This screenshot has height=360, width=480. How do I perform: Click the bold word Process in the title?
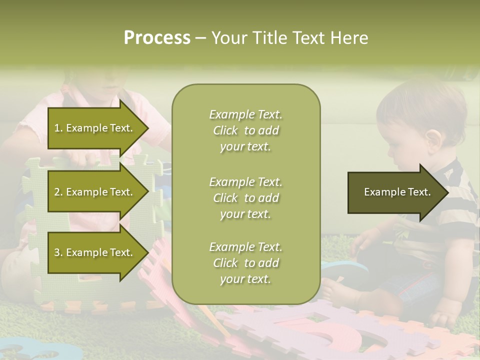[x=157, y=38]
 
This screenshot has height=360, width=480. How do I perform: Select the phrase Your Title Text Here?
[x=289, y=38]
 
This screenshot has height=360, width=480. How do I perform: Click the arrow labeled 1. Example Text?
[x=94, y=128]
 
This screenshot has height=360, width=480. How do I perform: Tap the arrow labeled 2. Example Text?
[x=94, y=192]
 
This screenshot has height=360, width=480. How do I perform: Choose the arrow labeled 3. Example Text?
[x=94, y=252]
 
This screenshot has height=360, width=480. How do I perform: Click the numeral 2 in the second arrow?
[x=57, y=192]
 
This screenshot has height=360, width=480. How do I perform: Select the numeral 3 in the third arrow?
[x=57, y=252]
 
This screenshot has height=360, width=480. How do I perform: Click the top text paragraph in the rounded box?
[x=245, y=130]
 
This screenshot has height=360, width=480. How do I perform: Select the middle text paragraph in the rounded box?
[x=245, y=198]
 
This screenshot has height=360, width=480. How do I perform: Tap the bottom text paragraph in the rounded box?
[x=245, y=263]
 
